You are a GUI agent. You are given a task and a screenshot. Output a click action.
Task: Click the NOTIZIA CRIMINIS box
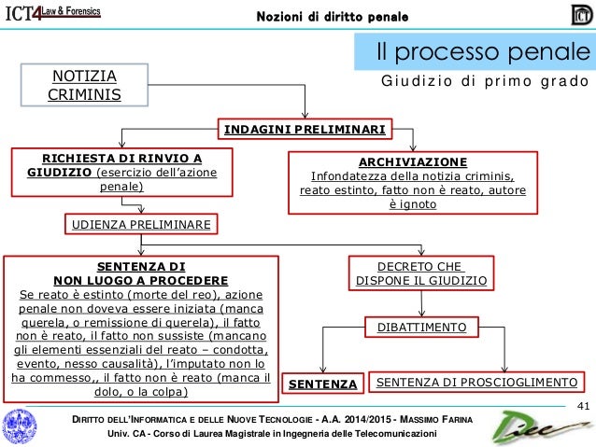77,84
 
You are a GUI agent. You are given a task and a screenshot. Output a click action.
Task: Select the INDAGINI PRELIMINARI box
305,128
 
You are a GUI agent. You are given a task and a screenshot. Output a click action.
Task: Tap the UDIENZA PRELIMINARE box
140,224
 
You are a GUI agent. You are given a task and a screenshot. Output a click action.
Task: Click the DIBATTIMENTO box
420,327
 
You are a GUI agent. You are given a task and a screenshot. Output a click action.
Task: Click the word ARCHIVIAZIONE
412,160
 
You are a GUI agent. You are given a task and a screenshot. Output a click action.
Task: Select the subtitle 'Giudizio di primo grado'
485,82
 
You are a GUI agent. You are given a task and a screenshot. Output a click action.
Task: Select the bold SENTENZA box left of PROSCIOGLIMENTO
323,384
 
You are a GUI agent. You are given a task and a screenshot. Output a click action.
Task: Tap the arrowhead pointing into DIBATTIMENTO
420,314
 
